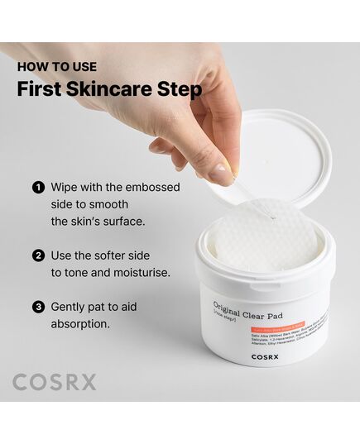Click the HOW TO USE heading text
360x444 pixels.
(x=56, y=66)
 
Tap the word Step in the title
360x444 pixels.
(x=182, y=88)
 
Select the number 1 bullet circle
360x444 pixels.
(x=38, y=188)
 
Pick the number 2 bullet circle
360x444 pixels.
(x=38, y=256)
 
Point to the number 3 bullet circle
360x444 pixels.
(x=38, y=307)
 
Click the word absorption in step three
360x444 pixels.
(x=80, y=324)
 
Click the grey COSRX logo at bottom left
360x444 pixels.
(x=55, y=382)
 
